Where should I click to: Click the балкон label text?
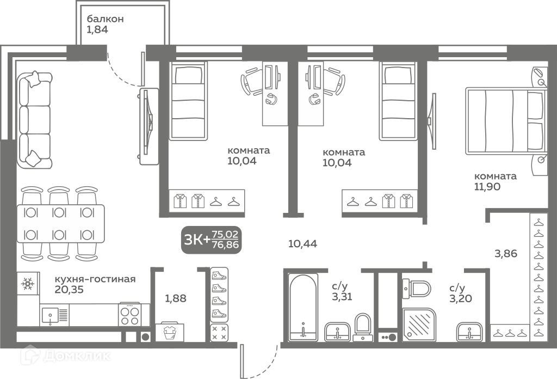coord(105,19)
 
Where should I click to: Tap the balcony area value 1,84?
coord(97,29)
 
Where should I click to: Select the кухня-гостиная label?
coord(95,279)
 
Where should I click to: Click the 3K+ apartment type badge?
coord(212,240)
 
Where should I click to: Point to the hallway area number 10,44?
coord(302,244)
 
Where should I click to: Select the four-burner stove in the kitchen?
coord(129,315)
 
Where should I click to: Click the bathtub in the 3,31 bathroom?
coord(302,307)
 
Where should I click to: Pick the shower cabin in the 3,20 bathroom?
coord(419,324)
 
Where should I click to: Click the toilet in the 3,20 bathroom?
coord(417,289)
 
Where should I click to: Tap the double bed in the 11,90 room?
coord(506,121)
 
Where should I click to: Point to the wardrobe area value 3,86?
coord(506,254)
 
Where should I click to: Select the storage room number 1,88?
coord(176,298)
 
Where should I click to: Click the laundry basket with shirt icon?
coord(170,332)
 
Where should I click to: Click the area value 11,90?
coord(487,186)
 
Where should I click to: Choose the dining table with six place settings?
coord(61,224)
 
